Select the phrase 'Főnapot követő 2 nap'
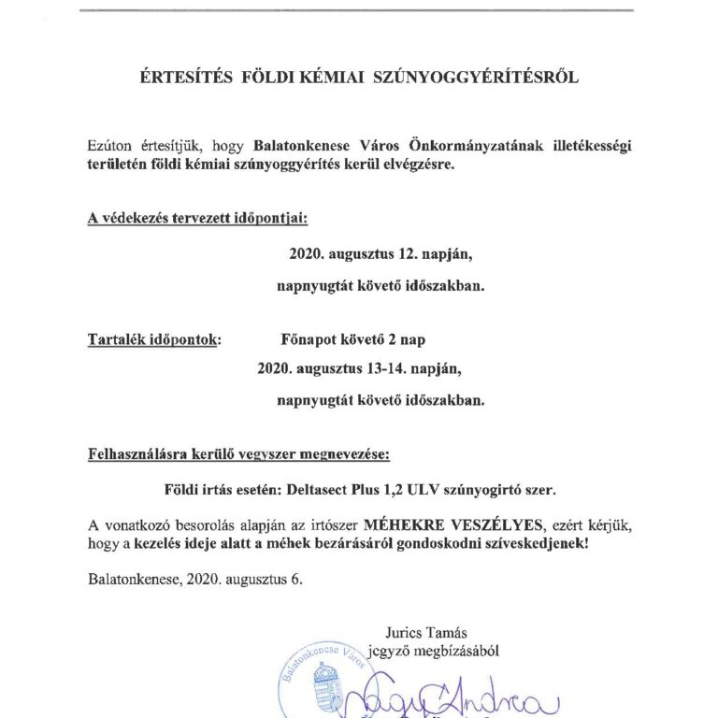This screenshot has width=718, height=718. click(x=359, y=339)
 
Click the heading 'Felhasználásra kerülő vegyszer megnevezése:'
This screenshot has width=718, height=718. click(x=238, y=456)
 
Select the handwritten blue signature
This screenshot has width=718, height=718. click(x=451, y=696)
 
